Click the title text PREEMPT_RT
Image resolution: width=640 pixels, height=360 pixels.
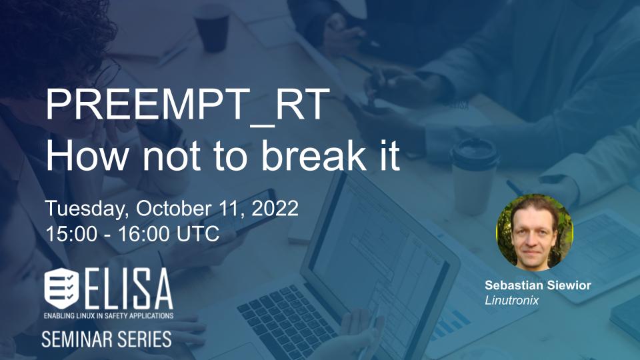pyautogui.click(x=188, y=105)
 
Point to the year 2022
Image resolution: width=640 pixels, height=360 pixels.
pyautogui.click(x=275, y=208)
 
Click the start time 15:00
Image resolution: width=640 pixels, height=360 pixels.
pyautogui.click(x=71, y=234)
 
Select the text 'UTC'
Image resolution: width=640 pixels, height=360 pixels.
pyautogui.click(x=198, y=234)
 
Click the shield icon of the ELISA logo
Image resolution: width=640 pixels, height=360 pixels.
pyautogui.click(x=61, y=288)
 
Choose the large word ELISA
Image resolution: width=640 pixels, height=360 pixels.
pyautogui.click(x=129, y=289)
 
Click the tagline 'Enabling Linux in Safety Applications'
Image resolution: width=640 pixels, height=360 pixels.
pyautogui.click(x=109, y=315)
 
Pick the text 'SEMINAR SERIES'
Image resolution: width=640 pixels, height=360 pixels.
pyautogui.click(x=107, y=339)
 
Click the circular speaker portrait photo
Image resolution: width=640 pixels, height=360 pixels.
pyautogui.click(x=534, y=232)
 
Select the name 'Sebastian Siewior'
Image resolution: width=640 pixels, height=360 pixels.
pyautogui.click(x=538, y=285)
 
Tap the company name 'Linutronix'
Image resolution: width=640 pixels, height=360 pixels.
pyautogui.click(x=512, y=301)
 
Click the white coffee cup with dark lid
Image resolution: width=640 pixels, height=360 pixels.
pyautogui.click(x=473, y=176)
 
